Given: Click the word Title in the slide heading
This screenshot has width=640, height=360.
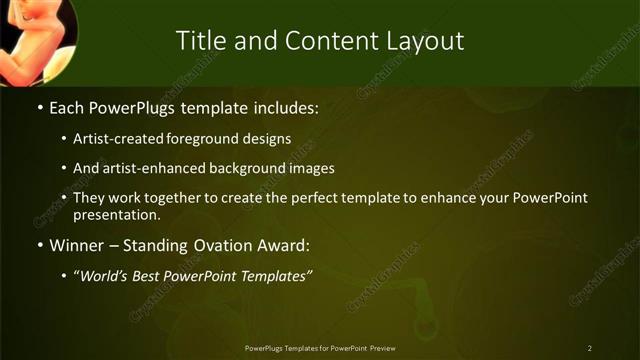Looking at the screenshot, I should click(200, 41).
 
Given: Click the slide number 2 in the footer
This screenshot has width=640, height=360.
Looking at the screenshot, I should click(590, 348).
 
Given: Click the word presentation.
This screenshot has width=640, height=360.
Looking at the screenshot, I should click(117, 214).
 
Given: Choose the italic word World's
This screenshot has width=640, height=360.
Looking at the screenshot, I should click(107, 275).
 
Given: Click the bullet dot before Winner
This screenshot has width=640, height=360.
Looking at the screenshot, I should click(40, 245).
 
